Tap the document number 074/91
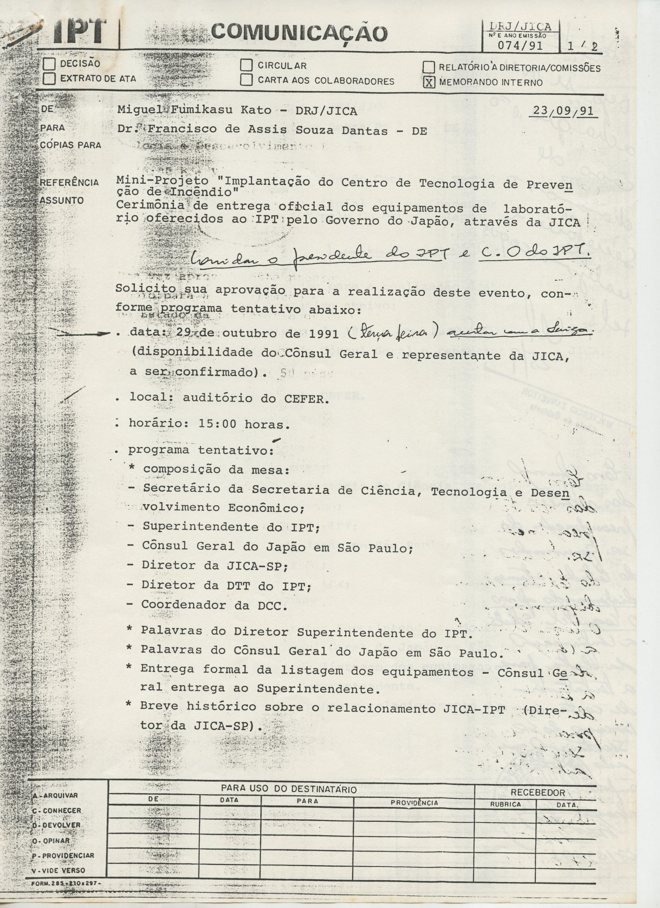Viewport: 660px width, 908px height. point(520,46)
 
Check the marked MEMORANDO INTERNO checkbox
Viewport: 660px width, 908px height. point(429,83)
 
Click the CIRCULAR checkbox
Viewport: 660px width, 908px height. point(246,65)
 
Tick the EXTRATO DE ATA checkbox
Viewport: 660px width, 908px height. point(50,78)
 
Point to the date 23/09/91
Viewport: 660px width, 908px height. point(563,111)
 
